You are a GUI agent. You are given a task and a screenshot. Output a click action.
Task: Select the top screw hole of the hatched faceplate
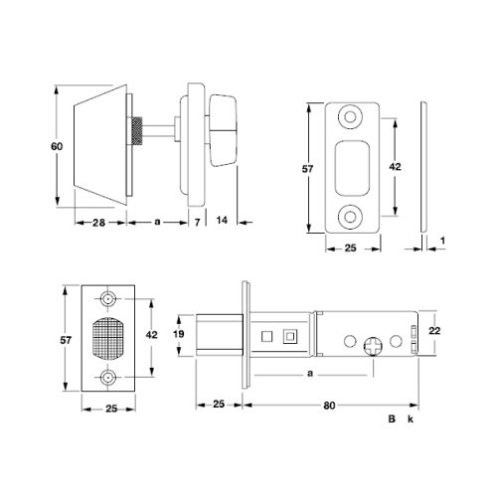pyautogui.click(x=108, y=299)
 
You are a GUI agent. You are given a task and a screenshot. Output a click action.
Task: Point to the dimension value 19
pyautogui.click(x=180, y=336)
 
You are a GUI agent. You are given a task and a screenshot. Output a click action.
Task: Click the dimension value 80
pyautogui.click(x=328, y=406)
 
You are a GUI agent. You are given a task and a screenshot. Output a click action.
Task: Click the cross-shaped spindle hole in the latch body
pyautogui.click(x=375, y=348)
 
